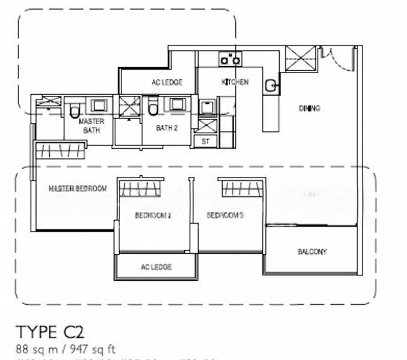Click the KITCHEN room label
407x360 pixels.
235,82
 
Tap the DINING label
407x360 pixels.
309,109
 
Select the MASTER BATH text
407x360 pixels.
92,125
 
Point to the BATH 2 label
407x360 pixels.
166,128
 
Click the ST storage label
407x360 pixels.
205,142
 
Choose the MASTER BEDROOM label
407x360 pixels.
77,188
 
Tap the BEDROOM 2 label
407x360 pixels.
153,215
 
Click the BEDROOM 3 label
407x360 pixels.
225,215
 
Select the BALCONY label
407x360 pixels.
312,252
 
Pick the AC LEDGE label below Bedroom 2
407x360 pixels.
156,267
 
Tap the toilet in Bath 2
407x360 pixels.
152,109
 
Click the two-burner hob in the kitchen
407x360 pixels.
230,59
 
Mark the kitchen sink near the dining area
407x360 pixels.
271,86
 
